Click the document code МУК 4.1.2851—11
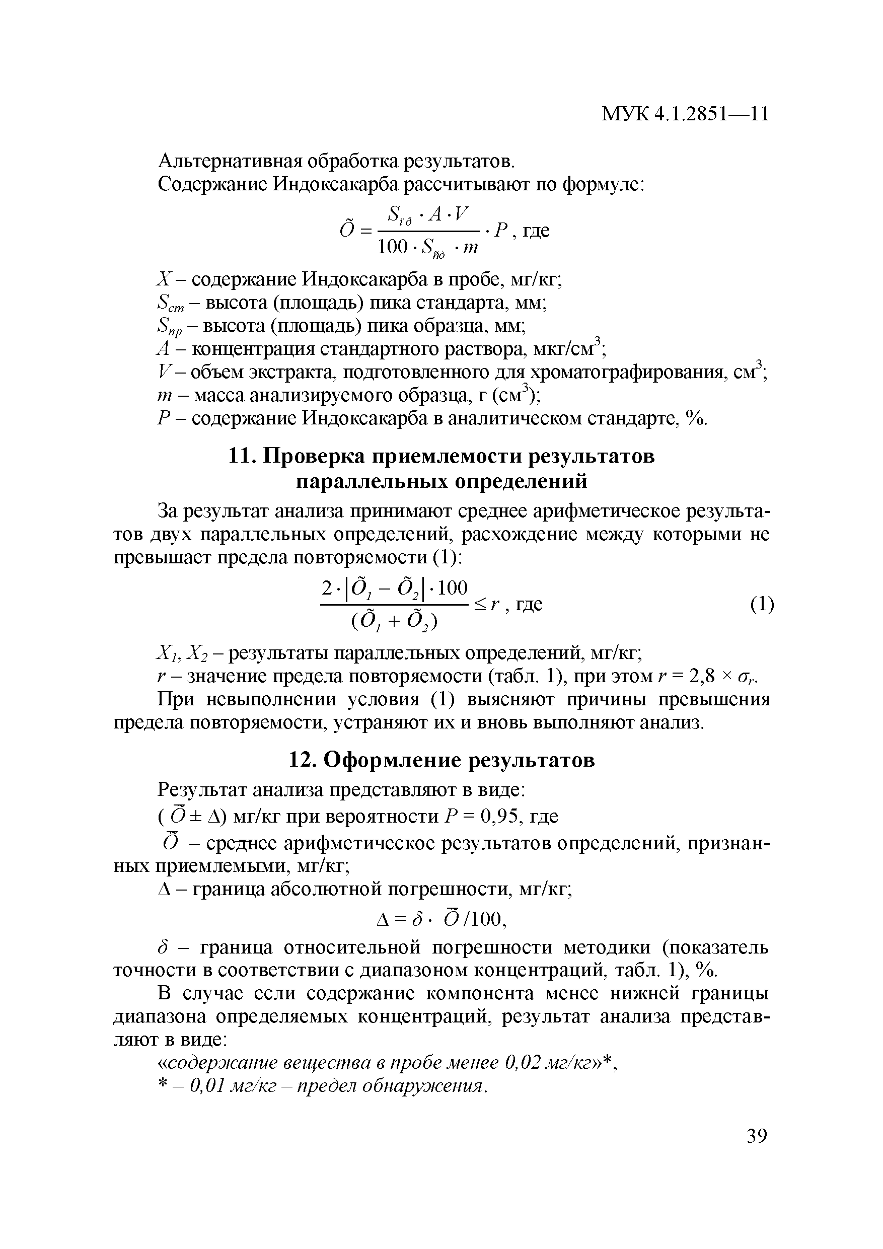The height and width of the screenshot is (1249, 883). click(685, 114)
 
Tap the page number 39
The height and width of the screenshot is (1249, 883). click(756, 1137)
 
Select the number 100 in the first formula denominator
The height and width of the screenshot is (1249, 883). click(392, 247)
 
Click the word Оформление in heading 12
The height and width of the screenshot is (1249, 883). click(394, 761)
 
